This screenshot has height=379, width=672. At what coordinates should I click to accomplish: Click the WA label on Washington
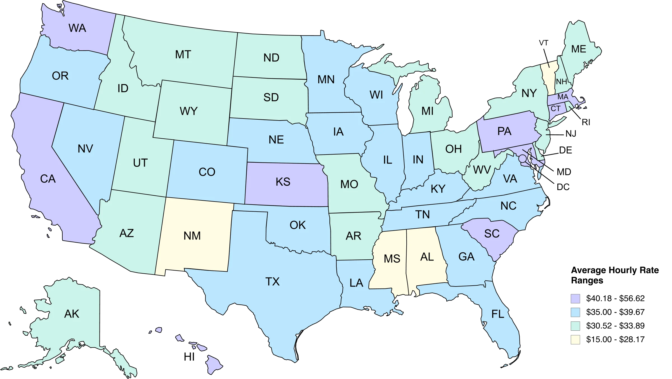tap(77, 28)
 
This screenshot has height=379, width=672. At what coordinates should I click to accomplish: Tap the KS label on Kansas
tap(283, 182)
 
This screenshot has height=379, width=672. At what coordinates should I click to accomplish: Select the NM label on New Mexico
tap(192, 236)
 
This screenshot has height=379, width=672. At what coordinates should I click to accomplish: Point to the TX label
tap(272, 282)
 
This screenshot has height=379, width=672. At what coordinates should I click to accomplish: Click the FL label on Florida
tap(498, 314)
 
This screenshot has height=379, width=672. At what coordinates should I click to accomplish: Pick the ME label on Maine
tap(579, 49)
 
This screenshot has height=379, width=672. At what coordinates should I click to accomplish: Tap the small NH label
tap(561, 82)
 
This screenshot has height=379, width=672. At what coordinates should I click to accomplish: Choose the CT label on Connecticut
tap(555, 108)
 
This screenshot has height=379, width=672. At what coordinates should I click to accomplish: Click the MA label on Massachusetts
tap(563, 97)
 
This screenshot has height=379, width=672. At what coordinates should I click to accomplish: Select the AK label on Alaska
tap(72, 314)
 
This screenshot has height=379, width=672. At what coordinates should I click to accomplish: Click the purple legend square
tap(576, 299)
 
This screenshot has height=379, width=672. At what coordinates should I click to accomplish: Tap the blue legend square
tap(576, 312)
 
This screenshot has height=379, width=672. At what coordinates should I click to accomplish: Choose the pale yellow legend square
tap(576, 340)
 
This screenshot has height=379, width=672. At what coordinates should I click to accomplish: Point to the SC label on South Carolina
tap(492, 234)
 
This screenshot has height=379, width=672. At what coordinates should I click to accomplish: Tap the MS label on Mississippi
tap(392, 259)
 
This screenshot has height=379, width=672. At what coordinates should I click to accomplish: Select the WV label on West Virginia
tap(482, 170)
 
